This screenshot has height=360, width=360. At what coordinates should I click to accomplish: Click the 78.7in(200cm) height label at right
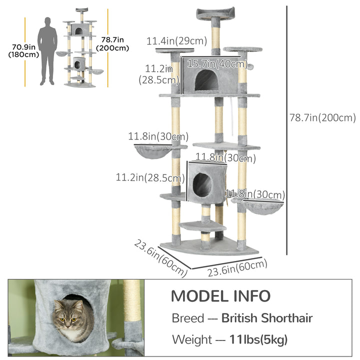point(322,118)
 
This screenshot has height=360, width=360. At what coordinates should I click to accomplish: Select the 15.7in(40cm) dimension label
point(217,63)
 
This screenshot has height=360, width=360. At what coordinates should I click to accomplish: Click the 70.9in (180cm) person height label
point(23,51)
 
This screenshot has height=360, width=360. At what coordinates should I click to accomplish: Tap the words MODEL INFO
point(220,295)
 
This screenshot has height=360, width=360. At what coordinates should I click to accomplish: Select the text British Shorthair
point(267,318)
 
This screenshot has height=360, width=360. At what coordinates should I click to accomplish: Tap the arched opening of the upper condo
point(206,80)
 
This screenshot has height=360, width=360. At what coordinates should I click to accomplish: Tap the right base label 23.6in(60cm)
point(237,268)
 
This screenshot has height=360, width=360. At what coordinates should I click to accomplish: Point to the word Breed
point(187,318)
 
